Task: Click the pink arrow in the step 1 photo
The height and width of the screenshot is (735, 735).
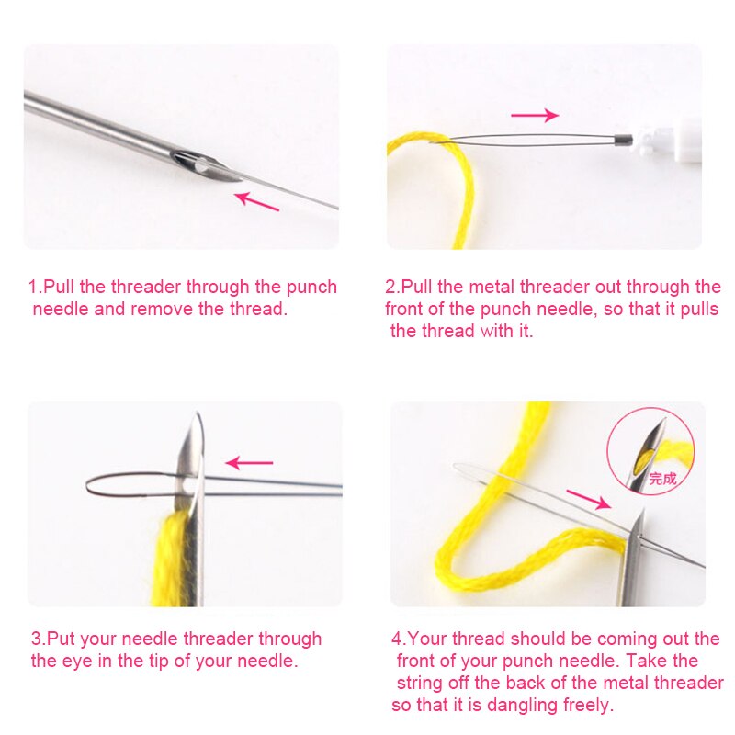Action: pos(258,201)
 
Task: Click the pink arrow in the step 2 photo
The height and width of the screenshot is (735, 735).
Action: pos(535,115)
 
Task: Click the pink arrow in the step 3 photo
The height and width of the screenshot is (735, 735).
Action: pos(249,462)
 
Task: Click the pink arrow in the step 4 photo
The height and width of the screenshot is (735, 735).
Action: pos(588,500)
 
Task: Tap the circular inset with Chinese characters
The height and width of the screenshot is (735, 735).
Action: pos(650,451)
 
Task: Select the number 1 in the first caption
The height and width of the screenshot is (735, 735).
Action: pos(32,287)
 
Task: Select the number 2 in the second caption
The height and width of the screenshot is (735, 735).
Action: pos(390,287)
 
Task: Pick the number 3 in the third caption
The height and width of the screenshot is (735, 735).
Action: pos(36,639)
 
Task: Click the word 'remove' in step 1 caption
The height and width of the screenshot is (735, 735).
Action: pos(162,309)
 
